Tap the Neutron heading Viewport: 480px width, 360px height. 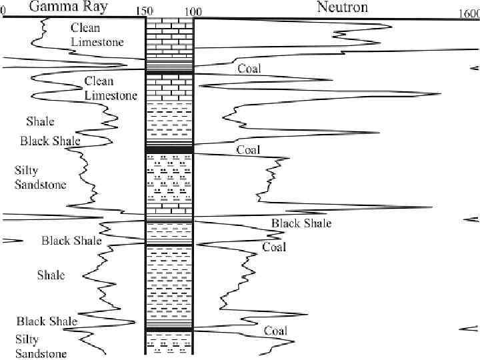pyautogui.click(x=325, y=8)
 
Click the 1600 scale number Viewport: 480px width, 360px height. pyautogui.click(x=468, y=13)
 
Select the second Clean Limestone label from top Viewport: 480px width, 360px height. pyautogui.click(x=111, y=88)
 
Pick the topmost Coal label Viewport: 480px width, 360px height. pyautogui.click(x=249, y=69)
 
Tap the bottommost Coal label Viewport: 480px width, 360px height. pyautogui.click(x=275, y=331)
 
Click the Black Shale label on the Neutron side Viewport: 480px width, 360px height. pyautogui.click(x=301, y=223)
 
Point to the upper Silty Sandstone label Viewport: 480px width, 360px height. pyautogui.click(x=40, y=178)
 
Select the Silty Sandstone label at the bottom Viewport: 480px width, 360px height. pyautogui.click(x=41, y=346)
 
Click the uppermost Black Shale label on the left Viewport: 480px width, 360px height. pyautogui.click(x=50, y=141)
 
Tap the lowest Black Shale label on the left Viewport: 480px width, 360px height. pyautogui.click(x=47, y=321)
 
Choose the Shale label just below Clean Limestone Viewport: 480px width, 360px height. pyautogui.click(x=40, y=121)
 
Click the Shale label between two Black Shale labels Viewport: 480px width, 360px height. pyautogui.click(x=51, y=275)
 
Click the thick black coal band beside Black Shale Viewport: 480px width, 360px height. pyautogui.click(x=169, y=148)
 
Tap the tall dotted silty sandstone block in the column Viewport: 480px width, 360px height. pyautogui.click(x=169, y=177)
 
